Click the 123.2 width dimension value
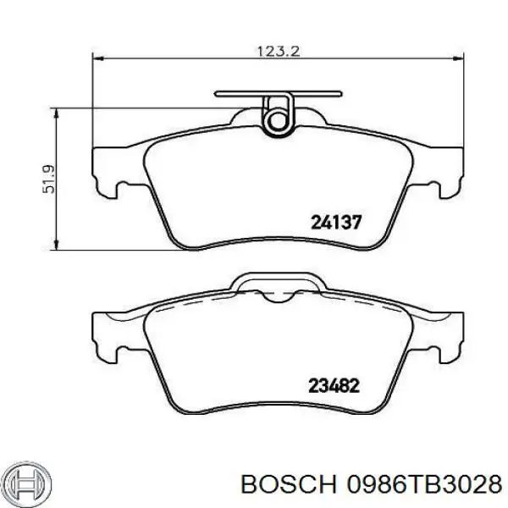(x=279, y=51)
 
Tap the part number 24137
(x=336, y=223)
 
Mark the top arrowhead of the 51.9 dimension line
(x=58, y=110)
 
